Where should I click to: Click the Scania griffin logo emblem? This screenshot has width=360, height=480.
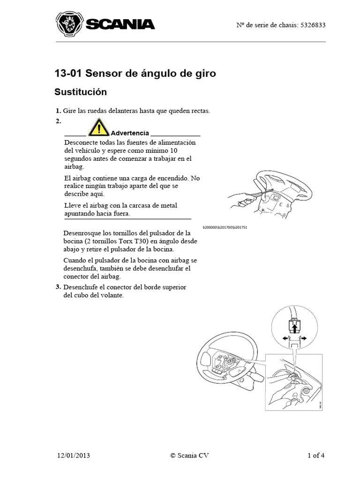pyautogui.click(x=68, y=24)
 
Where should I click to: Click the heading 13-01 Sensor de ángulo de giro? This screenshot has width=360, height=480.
pyautogui.click(x=135, y=74)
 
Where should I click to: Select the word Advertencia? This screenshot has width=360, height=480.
pyautogui.click(x=130, y=133)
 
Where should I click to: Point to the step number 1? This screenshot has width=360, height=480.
pyautogui.click(x=58, y=111)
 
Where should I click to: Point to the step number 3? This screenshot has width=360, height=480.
pyautogui.click(x=58, y=287)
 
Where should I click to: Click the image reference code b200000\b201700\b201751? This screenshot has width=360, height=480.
pyautogui.click(x=225, y=227)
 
